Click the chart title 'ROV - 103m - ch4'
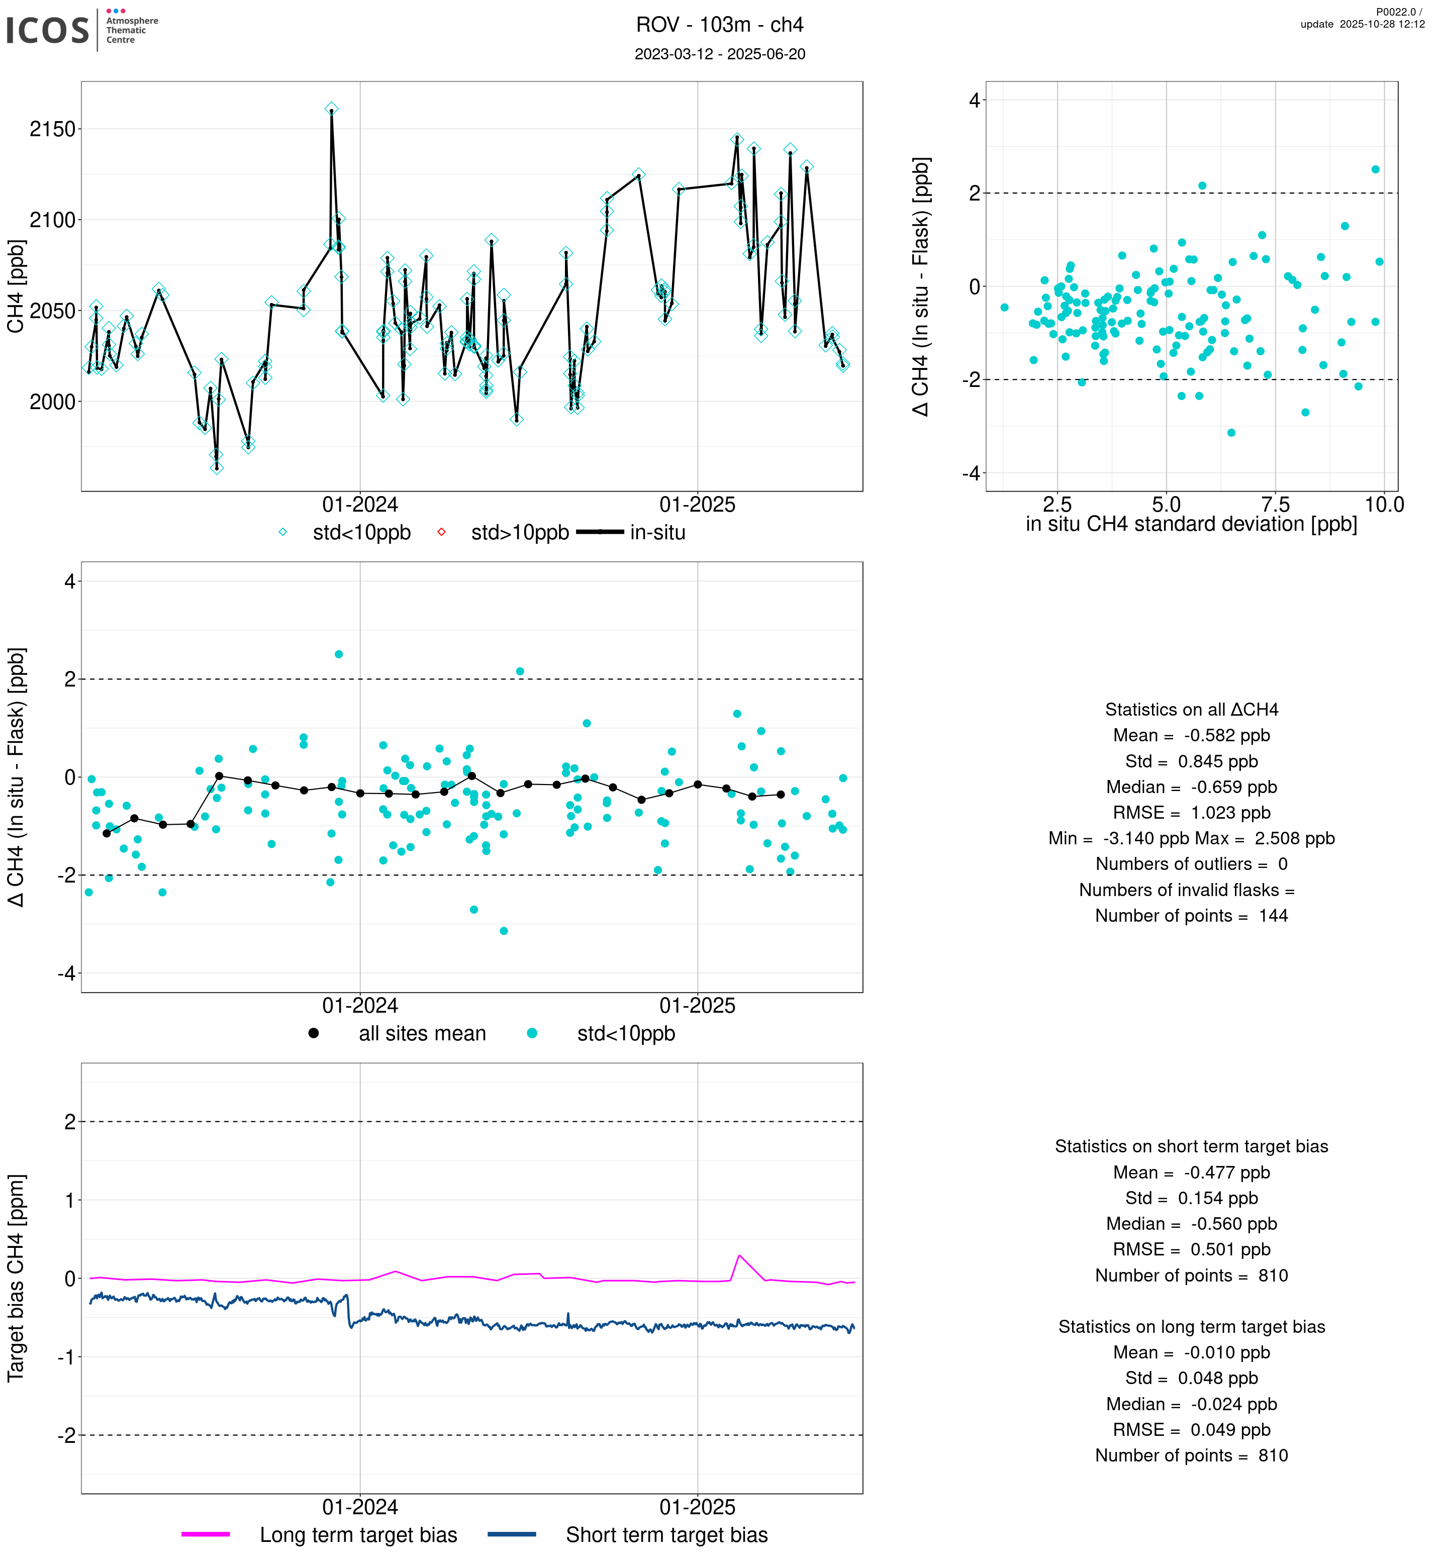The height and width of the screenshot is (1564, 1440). pyautogui.click(x=719, y=25)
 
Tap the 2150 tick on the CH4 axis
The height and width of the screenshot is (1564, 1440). pyautogui.click(x=52, y=129)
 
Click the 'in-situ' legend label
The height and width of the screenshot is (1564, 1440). pyautogui.click(x=657, y=533)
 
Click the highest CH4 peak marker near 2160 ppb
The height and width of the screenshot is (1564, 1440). pyautogui.click(x=331, y=109)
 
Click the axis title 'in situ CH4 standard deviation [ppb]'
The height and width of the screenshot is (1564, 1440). pyautogui.click(x=1191, y=525)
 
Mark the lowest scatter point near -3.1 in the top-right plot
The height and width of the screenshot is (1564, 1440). pyautogui.click(x=1231, y=433)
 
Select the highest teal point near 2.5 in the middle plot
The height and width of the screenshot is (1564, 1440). pyautogui.click(x=339, y=654)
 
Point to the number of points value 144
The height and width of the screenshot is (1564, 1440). pyautogui.click(x=1273, y=916)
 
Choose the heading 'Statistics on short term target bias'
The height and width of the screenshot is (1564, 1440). pyautogui.click(x=1191, y=1146)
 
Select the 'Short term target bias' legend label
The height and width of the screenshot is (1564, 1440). pyautogui.click(x=666, y=1535)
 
